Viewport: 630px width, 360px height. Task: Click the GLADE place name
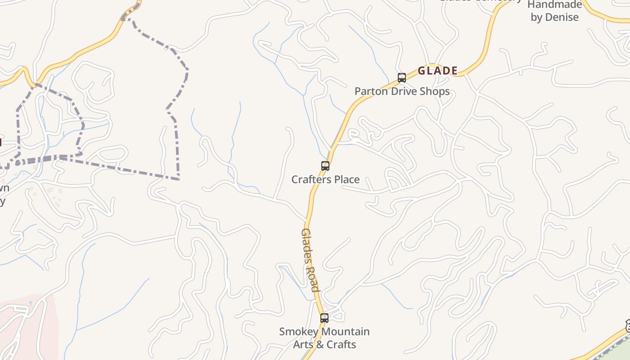[x=437, y=71]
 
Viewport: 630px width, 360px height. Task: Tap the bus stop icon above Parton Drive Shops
[x=402, y=78]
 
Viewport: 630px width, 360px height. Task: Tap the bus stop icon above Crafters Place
[x=325, y=166]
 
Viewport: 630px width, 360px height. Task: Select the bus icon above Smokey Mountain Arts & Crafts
[x=324, y=318]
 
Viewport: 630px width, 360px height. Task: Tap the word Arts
[x=304, y=345]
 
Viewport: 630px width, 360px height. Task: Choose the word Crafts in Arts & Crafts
[x=341, y=345]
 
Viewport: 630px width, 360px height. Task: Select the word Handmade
[x=555, y=5]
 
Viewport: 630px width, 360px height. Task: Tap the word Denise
[x=562, y=18]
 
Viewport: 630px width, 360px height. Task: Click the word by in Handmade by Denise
[x=536, y=18]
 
